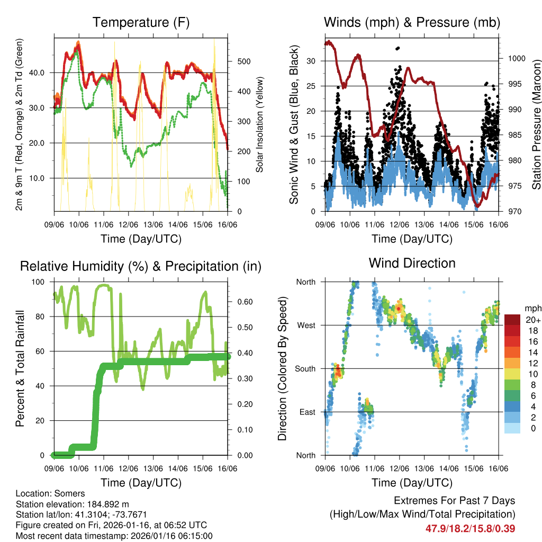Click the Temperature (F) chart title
point(141,23)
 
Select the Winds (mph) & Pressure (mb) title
point(412,23)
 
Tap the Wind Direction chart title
point(412,263)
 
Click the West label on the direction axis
point(305,326)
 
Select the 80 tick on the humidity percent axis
point(43,317)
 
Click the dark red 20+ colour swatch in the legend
point(512,320)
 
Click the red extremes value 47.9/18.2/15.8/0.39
point(470,528)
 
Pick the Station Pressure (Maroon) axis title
point(536,124)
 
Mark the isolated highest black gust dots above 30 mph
point(398,48)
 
